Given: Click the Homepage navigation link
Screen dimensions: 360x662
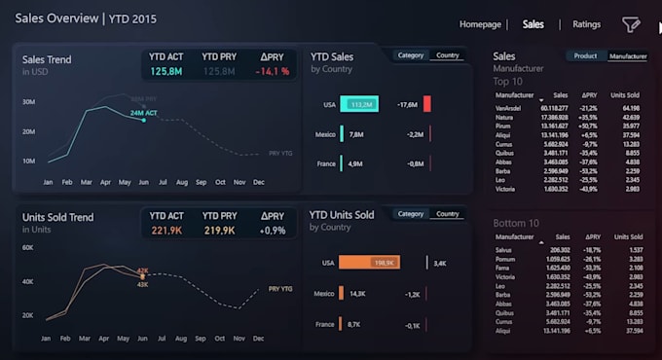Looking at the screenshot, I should [480, 24].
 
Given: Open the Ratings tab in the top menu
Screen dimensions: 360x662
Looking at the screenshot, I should [586, 24].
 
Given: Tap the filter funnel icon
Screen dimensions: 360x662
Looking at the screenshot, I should [632, 24].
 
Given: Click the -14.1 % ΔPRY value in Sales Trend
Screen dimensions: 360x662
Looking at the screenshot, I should [272, 71].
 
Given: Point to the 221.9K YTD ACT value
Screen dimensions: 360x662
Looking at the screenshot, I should [166, 231].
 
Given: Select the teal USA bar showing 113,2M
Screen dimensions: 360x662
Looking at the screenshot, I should [358, 104].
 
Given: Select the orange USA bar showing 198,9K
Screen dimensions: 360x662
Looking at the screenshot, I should [369, 263].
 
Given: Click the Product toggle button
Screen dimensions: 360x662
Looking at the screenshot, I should [585, 56].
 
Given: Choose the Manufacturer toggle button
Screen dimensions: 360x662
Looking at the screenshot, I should [627, 56].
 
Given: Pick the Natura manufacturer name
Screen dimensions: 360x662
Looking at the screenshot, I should [504, 117].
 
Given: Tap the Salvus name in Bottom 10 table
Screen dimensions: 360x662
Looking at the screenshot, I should [504, 250].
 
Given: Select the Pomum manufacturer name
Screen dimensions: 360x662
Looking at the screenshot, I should [505, 259].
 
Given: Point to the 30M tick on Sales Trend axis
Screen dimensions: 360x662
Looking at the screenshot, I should [29, 101].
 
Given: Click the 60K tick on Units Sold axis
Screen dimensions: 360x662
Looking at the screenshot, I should [29, 248].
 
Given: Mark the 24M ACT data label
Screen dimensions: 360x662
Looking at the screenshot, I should [144, 113].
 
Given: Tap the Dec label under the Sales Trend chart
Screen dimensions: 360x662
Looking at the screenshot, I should [258, 182].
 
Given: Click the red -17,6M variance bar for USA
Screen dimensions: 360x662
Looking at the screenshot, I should [426, 104].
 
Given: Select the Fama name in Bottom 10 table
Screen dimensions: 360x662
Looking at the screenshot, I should [502, 268].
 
